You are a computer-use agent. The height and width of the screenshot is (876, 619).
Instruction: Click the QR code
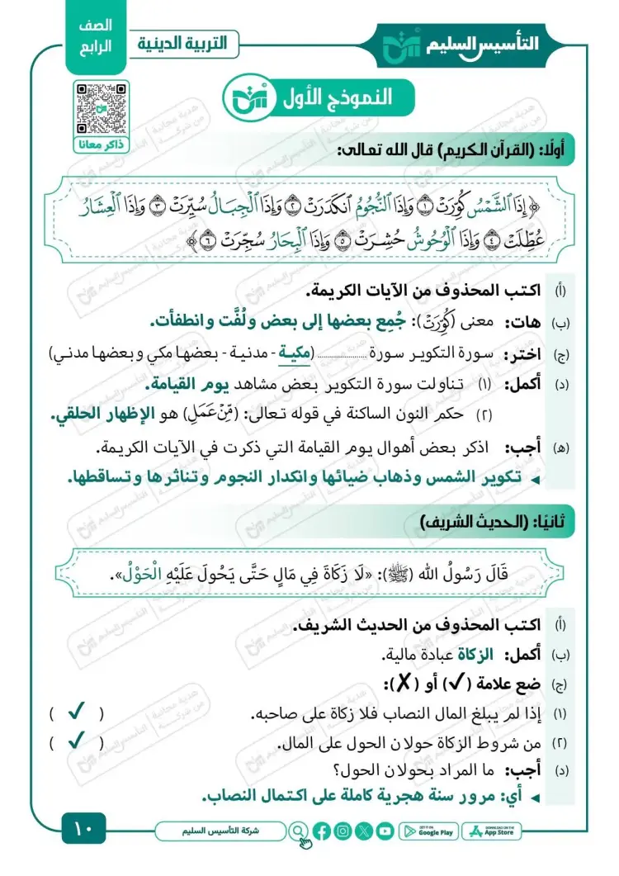[98, 107]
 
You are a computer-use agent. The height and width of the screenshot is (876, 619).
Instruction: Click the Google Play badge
[428, 831]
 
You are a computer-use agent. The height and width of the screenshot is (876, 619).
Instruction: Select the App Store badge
[492, 831]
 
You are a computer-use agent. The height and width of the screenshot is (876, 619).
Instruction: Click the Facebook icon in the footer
[322, 831]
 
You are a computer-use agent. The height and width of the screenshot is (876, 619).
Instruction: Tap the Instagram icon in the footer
[343, 831]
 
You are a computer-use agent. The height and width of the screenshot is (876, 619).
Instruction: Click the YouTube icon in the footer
[385, 831]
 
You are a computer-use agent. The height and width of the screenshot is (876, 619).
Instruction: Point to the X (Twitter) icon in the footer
[364, 831]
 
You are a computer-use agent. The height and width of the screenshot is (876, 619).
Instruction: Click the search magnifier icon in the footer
[298, 831]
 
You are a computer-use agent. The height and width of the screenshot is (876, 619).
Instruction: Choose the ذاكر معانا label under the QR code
[98, 145]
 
